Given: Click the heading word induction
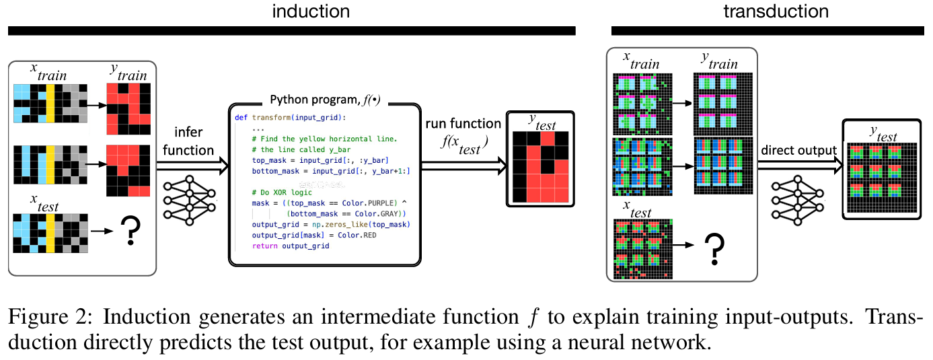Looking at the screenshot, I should coord(310,11).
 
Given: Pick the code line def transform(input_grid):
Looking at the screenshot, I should coord(290,116).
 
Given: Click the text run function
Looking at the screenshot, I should coord(463,124).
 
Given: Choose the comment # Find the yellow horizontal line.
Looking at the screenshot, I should coord(320,139).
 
